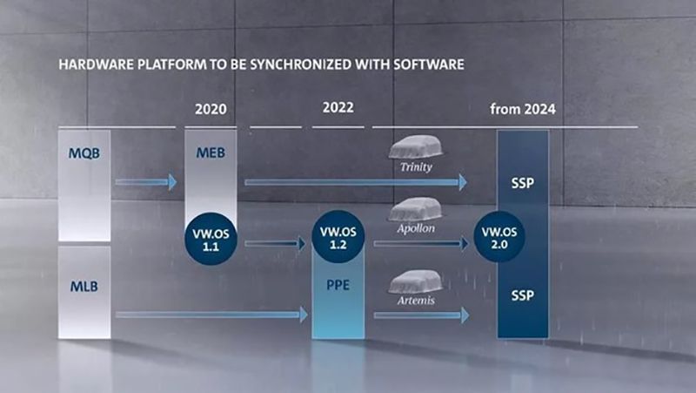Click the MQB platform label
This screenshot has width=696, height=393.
84,153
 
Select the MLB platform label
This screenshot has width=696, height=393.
84,285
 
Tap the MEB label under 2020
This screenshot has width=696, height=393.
211,153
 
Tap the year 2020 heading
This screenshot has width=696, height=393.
211,111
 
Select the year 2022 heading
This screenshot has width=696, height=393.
338,109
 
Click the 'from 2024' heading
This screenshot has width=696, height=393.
522,111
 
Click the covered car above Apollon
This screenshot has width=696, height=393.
416,208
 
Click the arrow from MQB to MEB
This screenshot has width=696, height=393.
145,182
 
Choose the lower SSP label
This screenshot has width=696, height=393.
523,295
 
